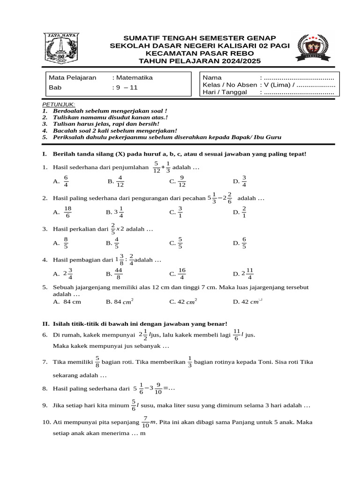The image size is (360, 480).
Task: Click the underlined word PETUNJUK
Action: click(59, 104)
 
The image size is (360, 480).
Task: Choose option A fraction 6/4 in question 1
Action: click(66, 181)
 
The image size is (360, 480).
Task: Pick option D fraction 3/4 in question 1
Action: click(244, 181)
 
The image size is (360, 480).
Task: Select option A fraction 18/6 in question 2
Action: click(68, 212)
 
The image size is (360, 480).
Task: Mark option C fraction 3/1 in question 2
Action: click(180, 212)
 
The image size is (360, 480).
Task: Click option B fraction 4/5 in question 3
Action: click(116, 243)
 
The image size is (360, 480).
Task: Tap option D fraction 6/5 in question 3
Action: click(244, 243)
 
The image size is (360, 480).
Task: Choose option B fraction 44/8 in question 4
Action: click(118, 274)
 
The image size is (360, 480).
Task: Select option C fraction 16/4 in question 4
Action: click(182, 274)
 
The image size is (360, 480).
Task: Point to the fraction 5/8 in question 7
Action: click(97, 362)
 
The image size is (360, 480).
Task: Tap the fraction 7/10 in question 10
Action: click(146, 422)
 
